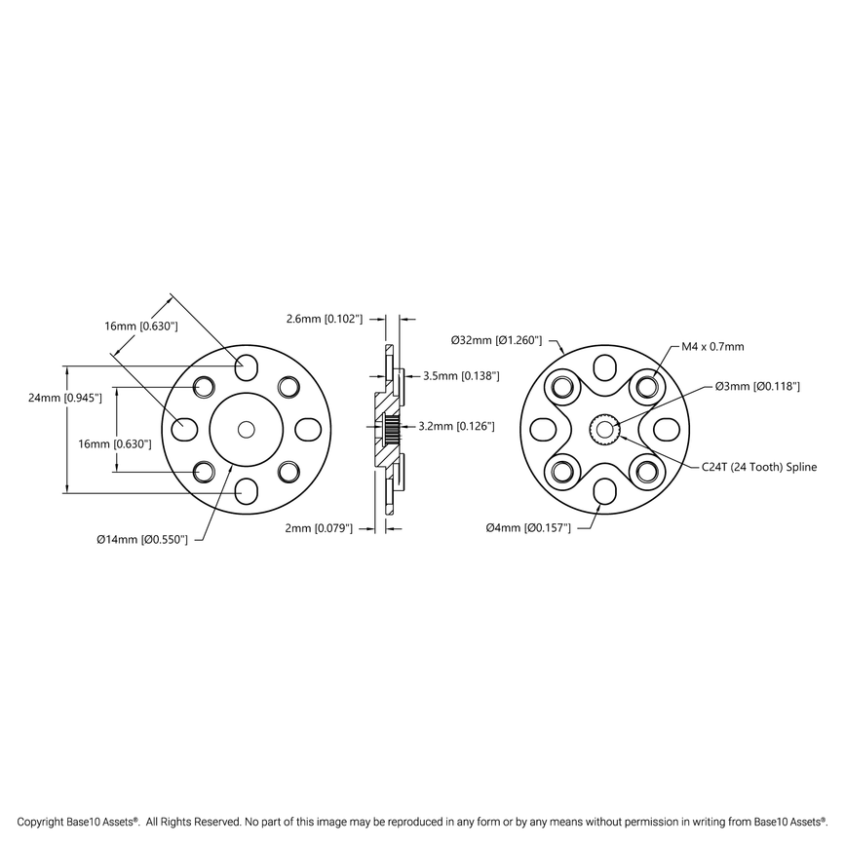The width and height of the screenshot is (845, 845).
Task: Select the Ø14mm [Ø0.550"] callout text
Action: [149, 538]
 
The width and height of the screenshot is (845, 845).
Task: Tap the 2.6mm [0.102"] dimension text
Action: [324, 319]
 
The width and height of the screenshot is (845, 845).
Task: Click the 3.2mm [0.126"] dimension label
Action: [456, 426]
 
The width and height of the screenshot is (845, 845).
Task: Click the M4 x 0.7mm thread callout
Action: [711, 346]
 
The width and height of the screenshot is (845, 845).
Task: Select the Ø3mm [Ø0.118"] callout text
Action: [757, 387]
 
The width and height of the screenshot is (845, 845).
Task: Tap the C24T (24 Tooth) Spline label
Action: [759, 468]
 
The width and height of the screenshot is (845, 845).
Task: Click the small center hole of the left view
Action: [246, 429]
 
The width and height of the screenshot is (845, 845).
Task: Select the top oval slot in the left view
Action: [246, 367]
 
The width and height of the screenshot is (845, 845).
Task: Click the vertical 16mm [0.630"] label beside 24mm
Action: [114, 443]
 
